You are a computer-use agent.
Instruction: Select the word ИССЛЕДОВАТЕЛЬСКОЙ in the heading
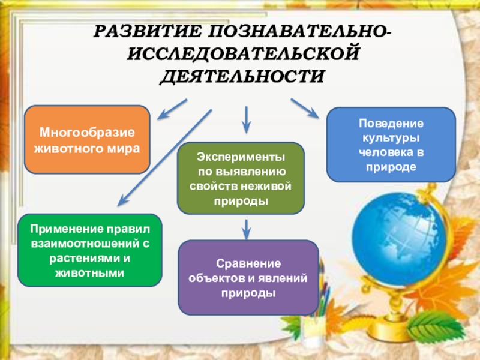pos(243,55)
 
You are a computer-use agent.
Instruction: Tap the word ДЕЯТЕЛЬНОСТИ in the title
pos(242,77)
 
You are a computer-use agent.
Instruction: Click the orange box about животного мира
pos(86,139)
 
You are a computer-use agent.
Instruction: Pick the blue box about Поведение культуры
pos(391,144)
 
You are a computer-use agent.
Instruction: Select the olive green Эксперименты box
pos(241,178)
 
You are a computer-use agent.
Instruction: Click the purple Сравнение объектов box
pos(248,278)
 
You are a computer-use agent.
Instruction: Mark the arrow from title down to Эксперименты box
pos(246,119)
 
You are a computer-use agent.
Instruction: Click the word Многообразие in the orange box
pos(87,133)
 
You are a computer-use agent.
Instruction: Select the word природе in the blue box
pos(391,164)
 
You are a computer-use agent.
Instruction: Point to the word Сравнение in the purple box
pos(248,264)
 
